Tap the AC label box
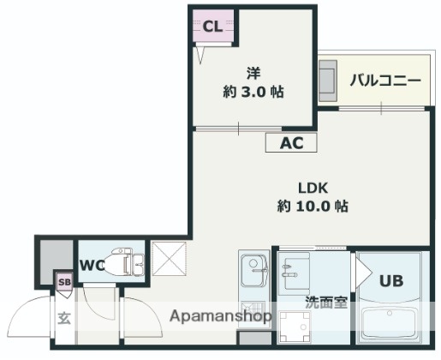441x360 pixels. (x=290, y=143)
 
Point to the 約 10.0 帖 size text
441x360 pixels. (x=313, y=207)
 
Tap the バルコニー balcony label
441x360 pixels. (x=384, y=81)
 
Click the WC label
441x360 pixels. (x=92, y=266)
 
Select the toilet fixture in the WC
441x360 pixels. (x=129, y=263)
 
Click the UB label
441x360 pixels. (x=391, y=280)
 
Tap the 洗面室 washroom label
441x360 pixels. (x=325, y=303)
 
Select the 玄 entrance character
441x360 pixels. (x=64, y=318)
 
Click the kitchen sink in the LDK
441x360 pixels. (x=254, y=273)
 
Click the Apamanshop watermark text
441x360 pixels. (x=221, y=316)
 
